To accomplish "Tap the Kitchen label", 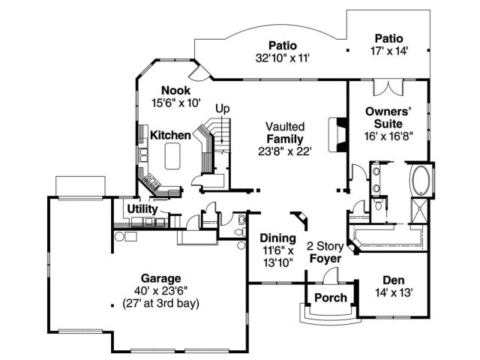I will pyautogui.click(x=170, y=135).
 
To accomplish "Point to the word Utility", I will pyautogui.click(x=142, y=209).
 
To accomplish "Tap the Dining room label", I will pyautogui.click(x=278, y=238).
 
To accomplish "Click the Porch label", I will pyautogui.click(x=330, y=298).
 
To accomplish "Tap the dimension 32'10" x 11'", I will pyautogui.click(x=283, y=56).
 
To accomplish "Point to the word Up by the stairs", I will pyautogui.click(x=222, y=109).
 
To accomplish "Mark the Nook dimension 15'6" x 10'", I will pyautogui.click(x=172, y=103).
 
